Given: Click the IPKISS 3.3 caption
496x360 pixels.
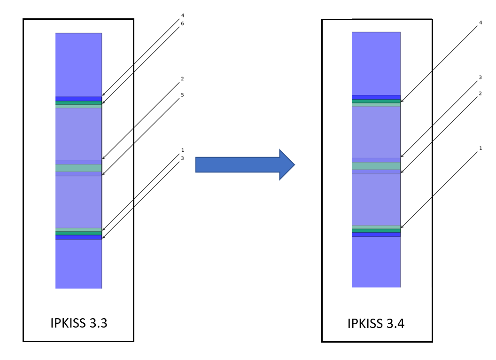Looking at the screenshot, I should (x=78, y=323).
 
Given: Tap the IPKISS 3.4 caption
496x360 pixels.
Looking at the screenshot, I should (x=377, y=323).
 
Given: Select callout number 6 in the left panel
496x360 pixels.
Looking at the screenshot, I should (x=182, y=23).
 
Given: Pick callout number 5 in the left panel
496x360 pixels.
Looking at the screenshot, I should (x=182, y=95).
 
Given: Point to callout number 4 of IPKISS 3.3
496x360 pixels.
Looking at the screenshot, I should (x=182, y=16).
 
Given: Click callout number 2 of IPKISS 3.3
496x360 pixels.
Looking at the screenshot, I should (x=182, y=78).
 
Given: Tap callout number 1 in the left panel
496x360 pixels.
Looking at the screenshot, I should (x=182, y=150).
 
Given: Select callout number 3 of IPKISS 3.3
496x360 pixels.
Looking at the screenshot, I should (x=182, y=158).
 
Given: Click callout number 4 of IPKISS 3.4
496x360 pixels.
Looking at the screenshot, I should (x=480, y=22).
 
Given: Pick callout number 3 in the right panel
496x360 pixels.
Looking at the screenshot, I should (x=480, y=77).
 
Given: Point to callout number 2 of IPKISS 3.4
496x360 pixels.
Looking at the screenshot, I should (x=480, y=93).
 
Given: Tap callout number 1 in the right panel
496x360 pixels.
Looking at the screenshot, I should (x=480, y=148).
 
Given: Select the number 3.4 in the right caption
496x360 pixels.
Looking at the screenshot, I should (x=395, y=323).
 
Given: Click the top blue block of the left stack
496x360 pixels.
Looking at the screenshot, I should (x=78, y=64).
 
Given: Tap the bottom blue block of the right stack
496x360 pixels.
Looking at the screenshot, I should (x=376, y=262).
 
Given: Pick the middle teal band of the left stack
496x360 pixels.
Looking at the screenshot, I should (x=78, y=168).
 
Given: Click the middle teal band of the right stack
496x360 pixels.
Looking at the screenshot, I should (x=376, y=166).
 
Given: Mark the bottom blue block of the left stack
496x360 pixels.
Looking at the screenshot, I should (x=78, y=264).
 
